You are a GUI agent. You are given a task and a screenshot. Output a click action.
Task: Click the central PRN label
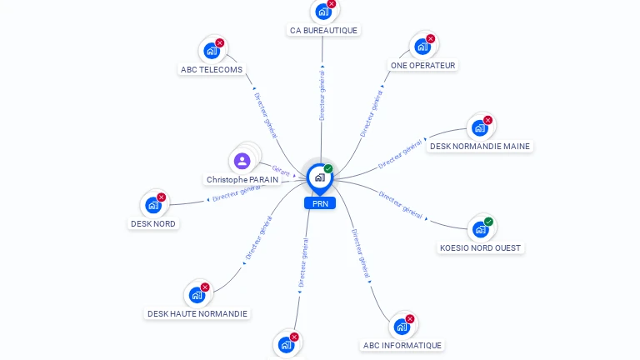(320, 203)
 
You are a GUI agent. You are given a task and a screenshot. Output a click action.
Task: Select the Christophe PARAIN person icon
(242, 161)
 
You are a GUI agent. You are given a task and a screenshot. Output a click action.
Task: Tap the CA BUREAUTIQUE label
(323, 31)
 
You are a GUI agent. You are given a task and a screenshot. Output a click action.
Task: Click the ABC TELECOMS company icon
(212, 51)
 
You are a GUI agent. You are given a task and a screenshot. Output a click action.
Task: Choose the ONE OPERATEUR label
(422, 65)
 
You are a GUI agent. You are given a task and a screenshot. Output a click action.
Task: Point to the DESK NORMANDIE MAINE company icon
(480, 128)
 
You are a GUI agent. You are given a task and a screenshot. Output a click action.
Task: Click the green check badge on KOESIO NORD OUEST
(488, 222)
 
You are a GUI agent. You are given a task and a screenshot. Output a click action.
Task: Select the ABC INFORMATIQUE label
(402, 345)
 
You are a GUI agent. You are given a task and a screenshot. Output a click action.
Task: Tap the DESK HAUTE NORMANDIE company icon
(197, 295)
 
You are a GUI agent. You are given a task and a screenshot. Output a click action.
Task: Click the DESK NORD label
(153, 223)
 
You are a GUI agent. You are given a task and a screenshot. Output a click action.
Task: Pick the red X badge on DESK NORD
(161, 197)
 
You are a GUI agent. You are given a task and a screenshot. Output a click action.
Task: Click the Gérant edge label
(281, 171)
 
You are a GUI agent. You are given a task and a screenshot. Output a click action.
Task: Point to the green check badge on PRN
(328, 168)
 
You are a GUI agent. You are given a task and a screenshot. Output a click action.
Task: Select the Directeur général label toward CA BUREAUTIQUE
(322, 95)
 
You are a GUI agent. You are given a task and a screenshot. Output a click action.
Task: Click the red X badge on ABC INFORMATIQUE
(410, 319)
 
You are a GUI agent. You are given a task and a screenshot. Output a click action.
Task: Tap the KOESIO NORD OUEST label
(480, 248)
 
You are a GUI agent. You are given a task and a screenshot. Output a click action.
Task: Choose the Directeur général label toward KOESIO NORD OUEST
(400, 205)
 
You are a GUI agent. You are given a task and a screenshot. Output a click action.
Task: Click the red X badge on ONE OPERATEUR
(430, 39)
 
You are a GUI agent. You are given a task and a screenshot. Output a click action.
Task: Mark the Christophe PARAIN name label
(242, 180)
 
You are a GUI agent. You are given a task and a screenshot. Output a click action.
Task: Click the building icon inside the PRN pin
(320, 177)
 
